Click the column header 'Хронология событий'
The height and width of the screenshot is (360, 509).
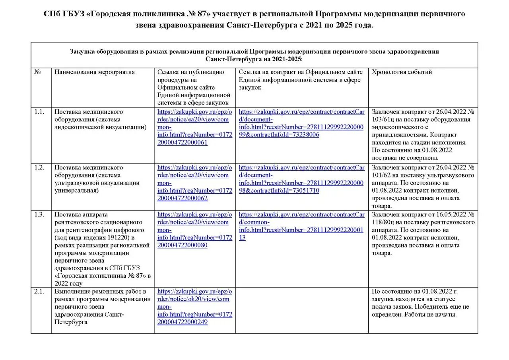(402, 72)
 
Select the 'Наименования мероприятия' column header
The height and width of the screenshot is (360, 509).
(95, 72)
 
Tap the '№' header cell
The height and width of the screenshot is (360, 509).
(38, 72)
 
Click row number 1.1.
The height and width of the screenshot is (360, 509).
(39, 112)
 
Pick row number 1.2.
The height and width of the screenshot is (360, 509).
(39, 167)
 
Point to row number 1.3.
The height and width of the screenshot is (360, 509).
(39, 214)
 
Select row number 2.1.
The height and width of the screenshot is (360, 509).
(39, 291)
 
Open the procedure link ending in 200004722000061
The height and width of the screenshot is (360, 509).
(194, 127)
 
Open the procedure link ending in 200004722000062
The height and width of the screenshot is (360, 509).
(194, 183)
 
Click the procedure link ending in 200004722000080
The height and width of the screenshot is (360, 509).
(194, 230)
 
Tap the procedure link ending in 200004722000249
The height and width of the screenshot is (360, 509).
(194, 307)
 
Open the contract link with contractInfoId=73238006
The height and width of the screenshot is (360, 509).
(301, 123)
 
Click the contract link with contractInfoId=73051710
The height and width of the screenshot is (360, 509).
(301, 179)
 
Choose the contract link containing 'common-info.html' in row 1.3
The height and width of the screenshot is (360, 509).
(301, 226)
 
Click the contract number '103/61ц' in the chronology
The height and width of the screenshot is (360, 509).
(382, 119)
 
